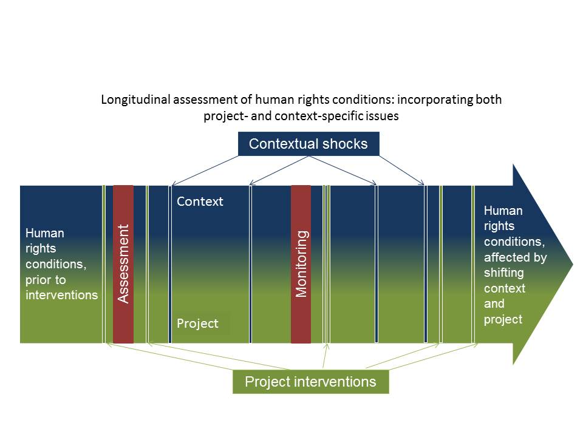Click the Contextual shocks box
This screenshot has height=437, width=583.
[x=309, y=144]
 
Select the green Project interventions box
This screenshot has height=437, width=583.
[x=310, y=382]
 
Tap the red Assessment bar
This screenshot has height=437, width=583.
[x=123, y=264]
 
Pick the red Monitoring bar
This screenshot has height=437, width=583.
[x=301, y=264]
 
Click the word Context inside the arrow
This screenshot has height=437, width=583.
[x=200, y=202]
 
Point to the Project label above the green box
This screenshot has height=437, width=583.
[x=197, y=324]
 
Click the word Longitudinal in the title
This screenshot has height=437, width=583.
[x=134, y=100]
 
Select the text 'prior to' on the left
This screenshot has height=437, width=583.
[x=46, y=280]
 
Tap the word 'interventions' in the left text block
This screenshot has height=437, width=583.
[x=61, y=295]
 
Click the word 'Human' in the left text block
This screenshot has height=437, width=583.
[x=44, y=233]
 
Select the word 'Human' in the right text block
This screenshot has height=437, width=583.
[x=503, y=211]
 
